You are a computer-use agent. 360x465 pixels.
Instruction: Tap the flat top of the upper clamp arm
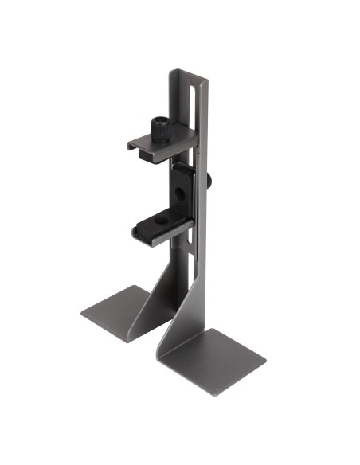click(x=170, y=140)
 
